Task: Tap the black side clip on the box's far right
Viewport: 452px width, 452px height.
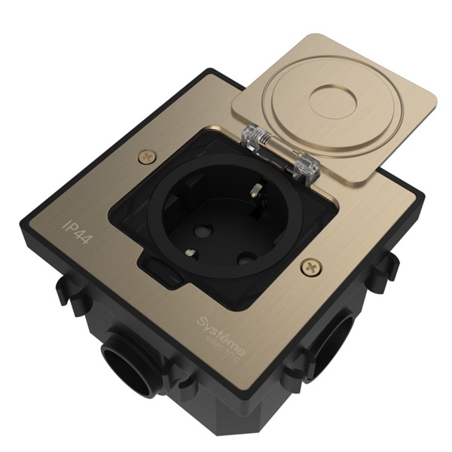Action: click(388, 264)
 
